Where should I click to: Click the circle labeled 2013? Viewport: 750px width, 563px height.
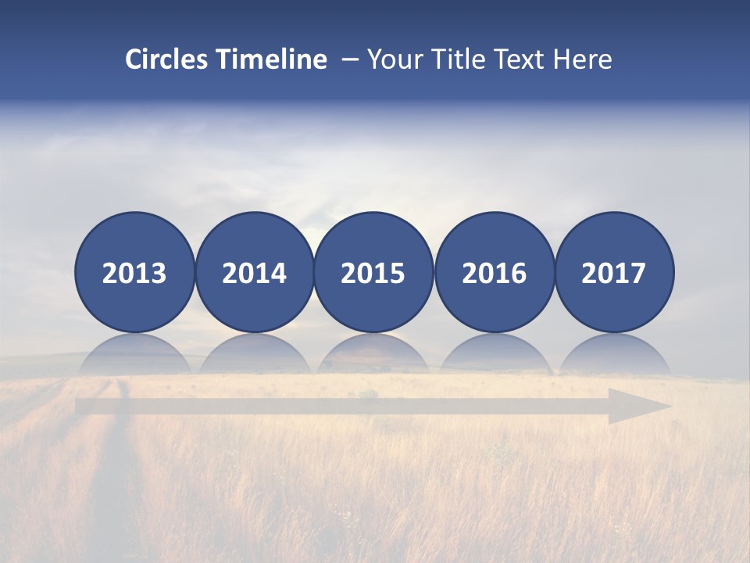pyautogui.click(x=134, y=272)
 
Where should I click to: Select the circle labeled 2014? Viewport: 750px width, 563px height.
pyautogui.click(x=254, y=272)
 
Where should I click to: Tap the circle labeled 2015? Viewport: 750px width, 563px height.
pyautogui.click(x=373, y=272)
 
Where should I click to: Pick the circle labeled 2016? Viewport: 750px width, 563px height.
pyautogui.click(x=494, y=272)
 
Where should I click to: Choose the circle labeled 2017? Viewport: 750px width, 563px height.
pyautogui.click(x=614, y=272)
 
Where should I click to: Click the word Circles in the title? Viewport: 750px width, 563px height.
pyautogui.click(x=166, y=59)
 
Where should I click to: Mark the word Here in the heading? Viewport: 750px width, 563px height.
pyautogui.click(x=583, y=59)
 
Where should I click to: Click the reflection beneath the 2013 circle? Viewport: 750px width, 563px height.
pyautogui.click(x=134, y=353)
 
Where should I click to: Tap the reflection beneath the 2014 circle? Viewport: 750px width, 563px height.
pyautogui.click(x=254, y=353)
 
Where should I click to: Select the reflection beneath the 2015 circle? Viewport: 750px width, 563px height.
pyautogui.click(x=373, y=353)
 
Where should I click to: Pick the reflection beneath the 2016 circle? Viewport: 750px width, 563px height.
pyautogui.click(x=494, y=353)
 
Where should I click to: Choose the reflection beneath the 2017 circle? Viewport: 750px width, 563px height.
pyautogui.click(x=614, y=353)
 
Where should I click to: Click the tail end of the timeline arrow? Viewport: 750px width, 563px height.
pyautogui.click(x=81, y=407)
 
